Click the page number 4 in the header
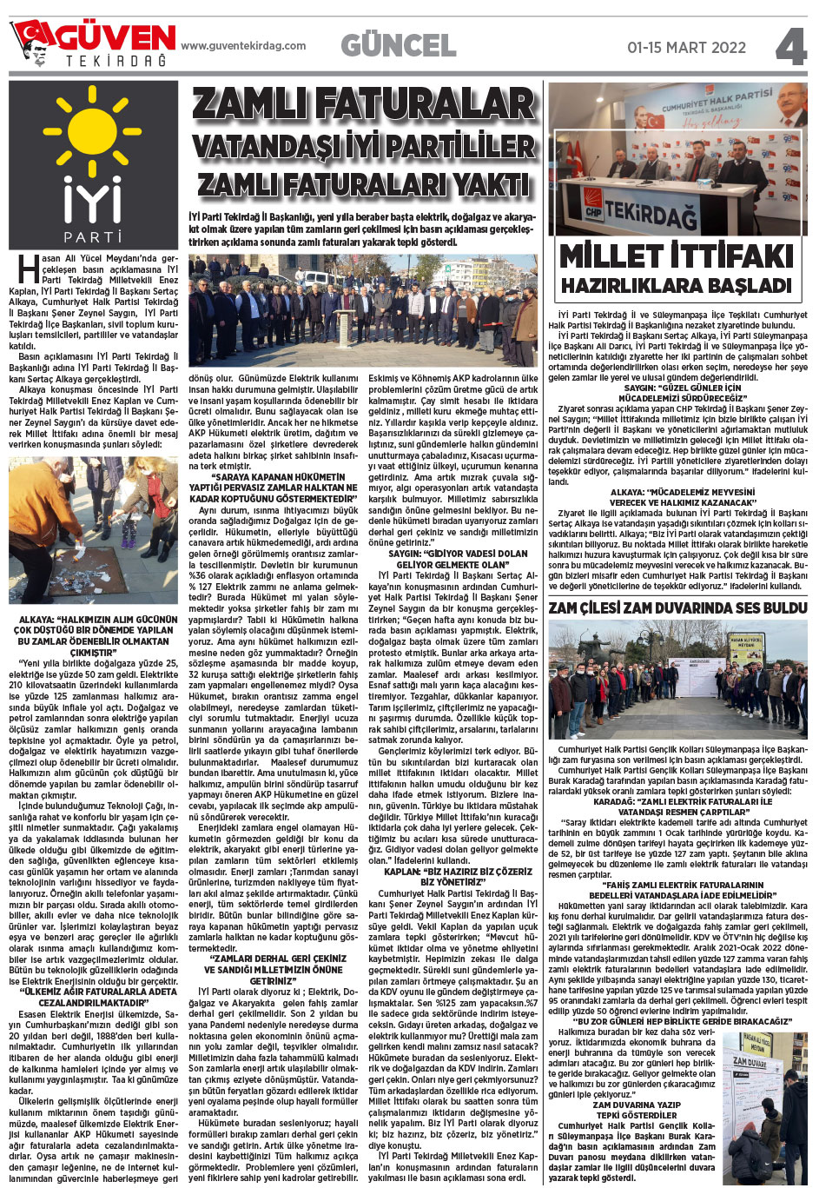coord(791,47)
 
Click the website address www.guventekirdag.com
coord(243,46)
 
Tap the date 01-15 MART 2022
coord(686,48)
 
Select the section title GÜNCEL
coord(398,45)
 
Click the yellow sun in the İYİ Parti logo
coord(93,130)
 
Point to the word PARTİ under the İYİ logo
coord(93,236)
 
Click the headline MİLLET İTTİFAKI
coord(677,256)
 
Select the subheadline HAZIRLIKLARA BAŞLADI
coord(677,286)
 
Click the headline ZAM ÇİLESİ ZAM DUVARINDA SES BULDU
coord(677,607)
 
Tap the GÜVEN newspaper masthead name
coord(116,37)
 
